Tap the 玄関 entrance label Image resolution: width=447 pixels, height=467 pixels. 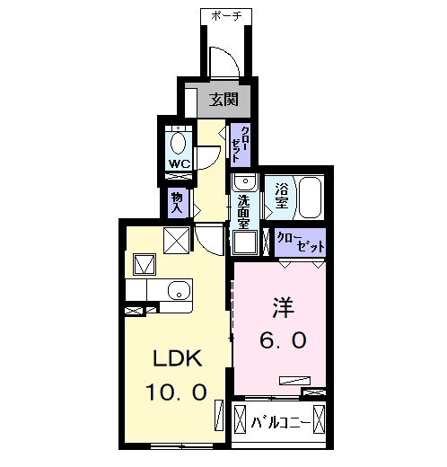(x=224, y=100)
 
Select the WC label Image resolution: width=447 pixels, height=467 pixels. (x=178, y=164)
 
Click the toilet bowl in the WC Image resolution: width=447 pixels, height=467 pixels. (x=179, y=141)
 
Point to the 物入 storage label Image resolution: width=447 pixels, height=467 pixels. (x=176, y=202)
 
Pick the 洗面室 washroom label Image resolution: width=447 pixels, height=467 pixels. (x=243, y=213)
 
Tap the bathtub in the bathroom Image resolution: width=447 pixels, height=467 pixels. (x=311, y=197)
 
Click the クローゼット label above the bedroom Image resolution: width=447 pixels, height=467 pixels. (x=299, y=241)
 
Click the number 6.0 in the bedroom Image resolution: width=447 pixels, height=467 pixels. (x=285, y=341)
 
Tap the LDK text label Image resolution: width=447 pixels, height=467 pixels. (x=179, y=360)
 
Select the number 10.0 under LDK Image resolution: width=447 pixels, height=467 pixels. (x=177, y=392)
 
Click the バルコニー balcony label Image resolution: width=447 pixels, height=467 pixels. (x=281, y=421)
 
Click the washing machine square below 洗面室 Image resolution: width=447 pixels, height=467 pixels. (x=245, y=242)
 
